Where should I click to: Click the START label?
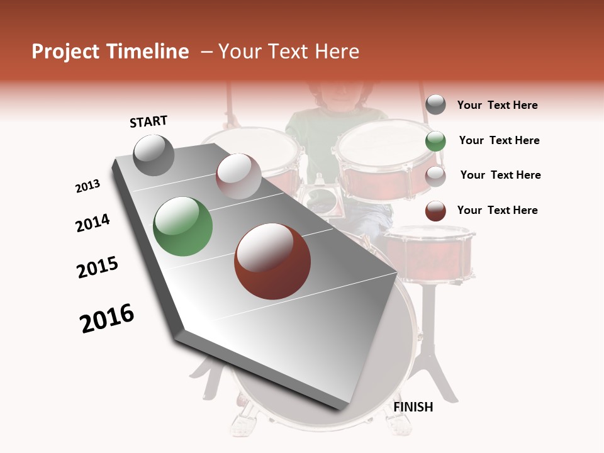[x=148, y=121]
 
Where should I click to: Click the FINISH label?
[x=413, y=407]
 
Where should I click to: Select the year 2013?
[x=88, y=186]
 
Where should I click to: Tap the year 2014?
[x=92, y=223]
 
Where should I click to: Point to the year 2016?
[x=107, y=318]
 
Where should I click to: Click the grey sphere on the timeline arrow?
[x=154, y=155]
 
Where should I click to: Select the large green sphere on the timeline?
[x=183, y=226]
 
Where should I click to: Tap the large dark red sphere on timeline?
[x=272, y=261]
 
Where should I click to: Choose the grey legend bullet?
[x=435, y=105]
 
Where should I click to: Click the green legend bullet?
[x=435, y=141]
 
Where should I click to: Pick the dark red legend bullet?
[x=435, y=211]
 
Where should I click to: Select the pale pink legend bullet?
[x=435, y=176]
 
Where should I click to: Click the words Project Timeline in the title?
[x=110, y=52]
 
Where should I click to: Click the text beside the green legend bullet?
[x=499, y=140]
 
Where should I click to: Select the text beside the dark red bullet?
[x=497, y=210]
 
